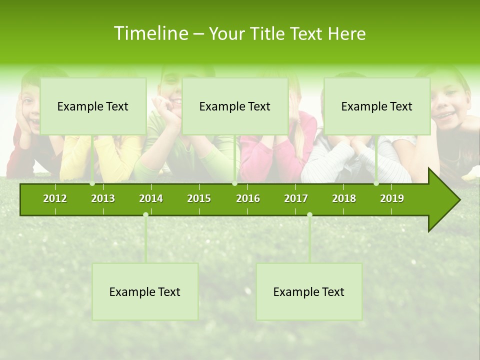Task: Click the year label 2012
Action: click(55, 198)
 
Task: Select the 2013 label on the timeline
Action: click(103, 198)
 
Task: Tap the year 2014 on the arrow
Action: click(151, 198)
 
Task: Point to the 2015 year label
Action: click(199, 198)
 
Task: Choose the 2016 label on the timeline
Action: click(248, 198)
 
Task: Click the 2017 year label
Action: click(296, 198)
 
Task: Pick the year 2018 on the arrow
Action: click(344, 198)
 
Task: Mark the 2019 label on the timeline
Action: click(392, 198)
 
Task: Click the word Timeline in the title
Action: click(150, 33)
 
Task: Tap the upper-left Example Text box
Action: click(93, 106)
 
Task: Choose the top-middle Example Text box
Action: click(235, 106)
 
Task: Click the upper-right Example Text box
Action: click(377, 106)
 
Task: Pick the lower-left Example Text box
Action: click(145, 291)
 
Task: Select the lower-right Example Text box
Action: click(309, 291)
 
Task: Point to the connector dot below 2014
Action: click(145, 215)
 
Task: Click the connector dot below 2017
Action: click(309, 215)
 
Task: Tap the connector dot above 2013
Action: click(92, 183)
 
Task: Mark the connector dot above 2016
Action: click(234, 183)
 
